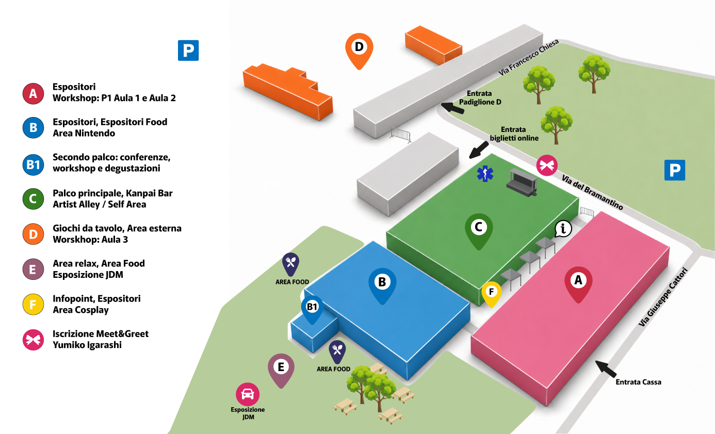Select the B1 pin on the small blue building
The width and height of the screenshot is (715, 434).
click(312, 309)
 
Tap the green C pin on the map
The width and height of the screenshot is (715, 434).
click(479, 231)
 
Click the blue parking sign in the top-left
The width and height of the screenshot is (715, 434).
click(188, 51)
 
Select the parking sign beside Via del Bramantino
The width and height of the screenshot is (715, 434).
click(675, 170)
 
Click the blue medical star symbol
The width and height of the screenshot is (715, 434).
click(485, 174)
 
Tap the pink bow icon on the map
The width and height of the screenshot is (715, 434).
click(547, 165)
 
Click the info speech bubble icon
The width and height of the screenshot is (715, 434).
click(563, 229)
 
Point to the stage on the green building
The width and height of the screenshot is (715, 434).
click(522, 182)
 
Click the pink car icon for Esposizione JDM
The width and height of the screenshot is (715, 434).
click(248, 394)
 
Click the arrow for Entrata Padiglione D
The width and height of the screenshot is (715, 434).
click(452, 108)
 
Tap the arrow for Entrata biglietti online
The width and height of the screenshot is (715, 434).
click(479, 150)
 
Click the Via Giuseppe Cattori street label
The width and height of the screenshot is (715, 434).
click(663, 297)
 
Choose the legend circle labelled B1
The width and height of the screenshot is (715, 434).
click(33, 164)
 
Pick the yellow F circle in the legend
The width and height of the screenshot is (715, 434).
click(33, 305)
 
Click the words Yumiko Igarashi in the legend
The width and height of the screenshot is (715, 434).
click(87, 345)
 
